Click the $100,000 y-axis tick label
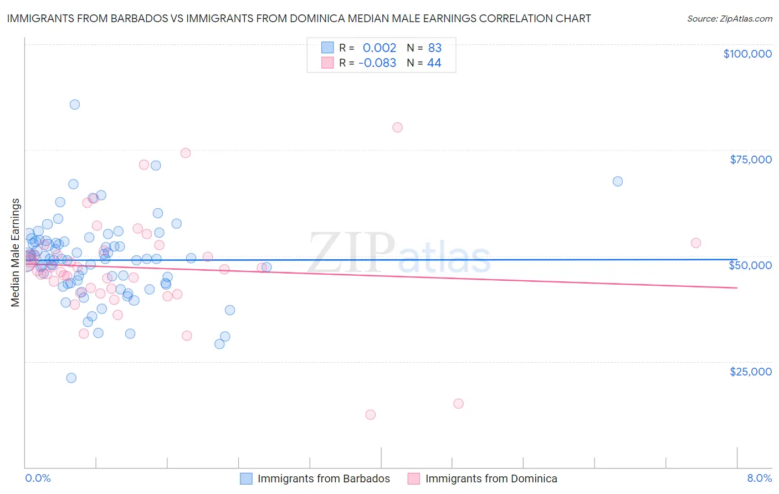pyautogui.click(x=747, y=54)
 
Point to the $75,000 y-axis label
pyautogui.click(x=751, y=159)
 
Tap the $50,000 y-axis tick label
pyautogui.click(x=750, y=265)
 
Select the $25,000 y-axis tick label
pyautogui.click(x=751, y=371)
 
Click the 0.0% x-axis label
pyautogui.click(x=38, y=478)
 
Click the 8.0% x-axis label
pyautogui.click(x=759, y=478)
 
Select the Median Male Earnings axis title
pyautogui.click(x=16, y=252)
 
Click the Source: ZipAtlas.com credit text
pyautogui.click(x=729, y=18)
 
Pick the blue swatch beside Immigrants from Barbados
pyautogui.click(x=246, y=478)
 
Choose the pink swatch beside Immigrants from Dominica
pyautogui.click(x=414, y=478)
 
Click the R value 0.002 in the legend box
pyautogui.click(x=380, y=48)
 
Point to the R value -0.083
pyautogui.click(x=377, y=63)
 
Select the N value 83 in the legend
pyautogui.click(x=434, y=48)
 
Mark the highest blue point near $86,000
pyautogui.click(x=75, y=105)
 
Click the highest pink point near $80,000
pyautogui.click(x=397, y=127)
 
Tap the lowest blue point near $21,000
pyautogui.click(x=71, y=378)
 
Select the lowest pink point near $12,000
pyautogui.click(x=371, y=415)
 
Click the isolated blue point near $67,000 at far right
pyautogui.click(x=618, y=182)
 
